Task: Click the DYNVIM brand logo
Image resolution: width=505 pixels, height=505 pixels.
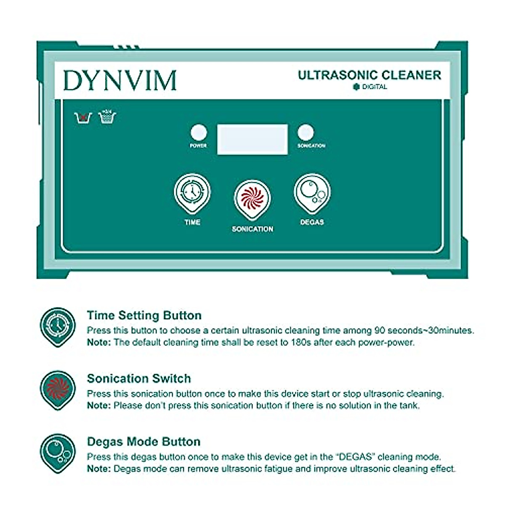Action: click(120, 81)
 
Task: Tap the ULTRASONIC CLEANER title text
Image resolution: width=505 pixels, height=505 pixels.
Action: click(369, 75)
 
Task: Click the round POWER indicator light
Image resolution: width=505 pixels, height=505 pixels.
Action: click(198, 133)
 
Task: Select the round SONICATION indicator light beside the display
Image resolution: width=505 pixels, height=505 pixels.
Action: click(306, 132)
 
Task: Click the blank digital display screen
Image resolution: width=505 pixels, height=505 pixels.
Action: click(252, 139)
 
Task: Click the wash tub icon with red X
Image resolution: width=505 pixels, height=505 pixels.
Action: click(83, 117)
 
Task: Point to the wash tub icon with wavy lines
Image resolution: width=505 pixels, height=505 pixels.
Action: click(107, 117)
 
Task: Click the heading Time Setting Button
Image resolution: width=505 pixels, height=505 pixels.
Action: click(144, 315)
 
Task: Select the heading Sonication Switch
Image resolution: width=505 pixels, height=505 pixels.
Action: click(139, 378)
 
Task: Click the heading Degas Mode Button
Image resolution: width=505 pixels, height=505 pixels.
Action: click(144, 441)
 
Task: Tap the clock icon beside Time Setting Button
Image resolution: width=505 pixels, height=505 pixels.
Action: click(58, 326)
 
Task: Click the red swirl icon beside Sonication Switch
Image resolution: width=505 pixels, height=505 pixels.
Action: click(58, 389)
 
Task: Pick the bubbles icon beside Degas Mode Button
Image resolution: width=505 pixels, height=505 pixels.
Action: click(58, 452)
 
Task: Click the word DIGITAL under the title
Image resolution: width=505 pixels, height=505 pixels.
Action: click(374, 87)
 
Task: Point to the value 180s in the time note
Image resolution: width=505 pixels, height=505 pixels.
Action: click(301, 343)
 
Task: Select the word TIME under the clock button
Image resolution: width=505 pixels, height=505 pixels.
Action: click(192, 222)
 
